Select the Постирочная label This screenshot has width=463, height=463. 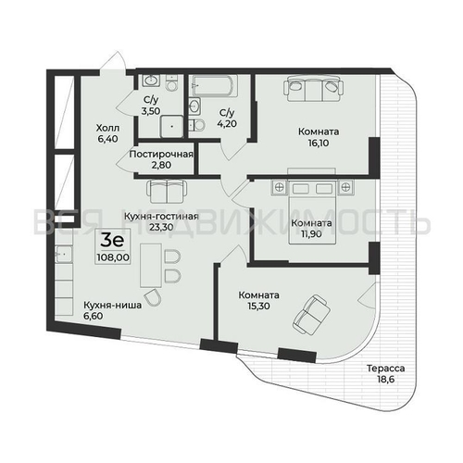pos(161,153)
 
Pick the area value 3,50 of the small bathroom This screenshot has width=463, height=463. pos(149,110)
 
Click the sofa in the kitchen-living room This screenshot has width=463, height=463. pos(169,190)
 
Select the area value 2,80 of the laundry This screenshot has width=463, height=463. pos(161,165)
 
